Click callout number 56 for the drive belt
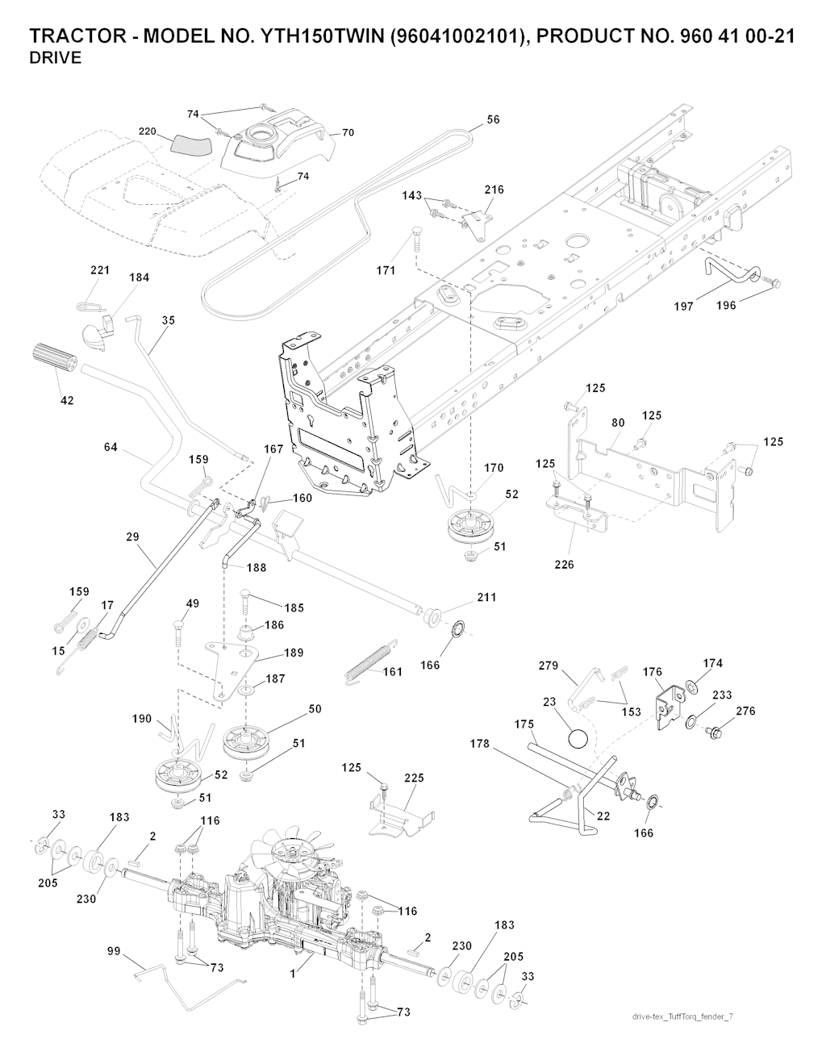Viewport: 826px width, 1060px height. (493, 119)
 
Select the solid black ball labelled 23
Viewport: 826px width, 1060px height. (577, 737)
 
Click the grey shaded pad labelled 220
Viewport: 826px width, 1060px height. (190, 146)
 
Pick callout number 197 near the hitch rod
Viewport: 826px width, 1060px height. (683, 307)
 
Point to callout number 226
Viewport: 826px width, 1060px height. (564, 565)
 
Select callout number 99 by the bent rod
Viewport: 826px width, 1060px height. (113, 953)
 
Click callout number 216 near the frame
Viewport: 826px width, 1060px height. (494, 190)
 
